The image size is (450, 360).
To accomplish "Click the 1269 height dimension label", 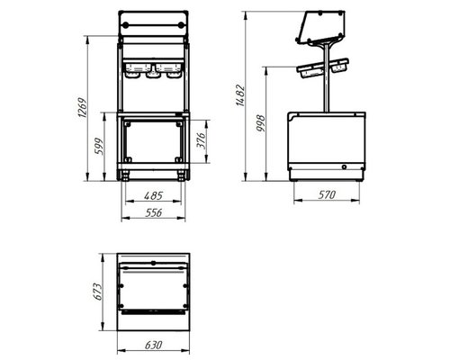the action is click(82, 107).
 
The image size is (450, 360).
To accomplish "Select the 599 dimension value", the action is click(99, 146).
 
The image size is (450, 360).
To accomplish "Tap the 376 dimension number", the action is click(201, 140).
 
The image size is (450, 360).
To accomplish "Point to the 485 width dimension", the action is click(153, 195).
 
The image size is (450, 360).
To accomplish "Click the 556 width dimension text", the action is click(154, 212).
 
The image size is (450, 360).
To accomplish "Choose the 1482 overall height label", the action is click(240, 95).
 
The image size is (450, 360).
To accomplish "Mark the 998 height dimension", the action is click(261, 123).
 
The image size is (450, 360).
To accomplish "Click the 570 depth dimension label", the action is click(327, 195).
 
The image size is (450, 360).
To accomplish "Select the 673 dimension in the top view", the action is click(97, 292).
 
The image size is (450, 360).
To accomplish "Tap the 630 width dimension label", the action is click(154, 345).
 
